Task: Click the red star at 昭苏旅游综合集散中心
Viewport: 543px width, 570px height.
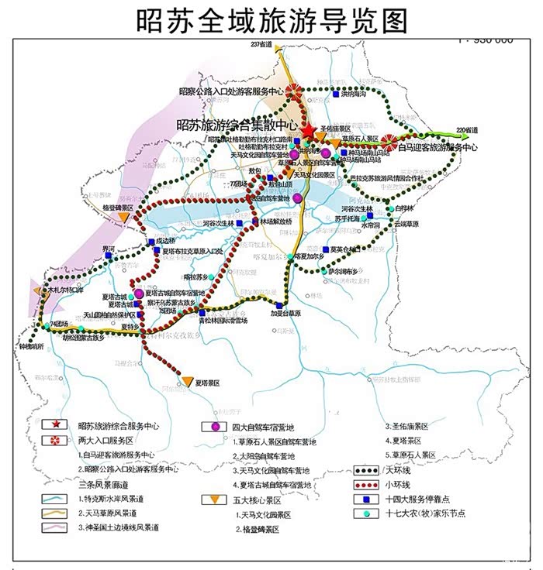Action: click(310, 132)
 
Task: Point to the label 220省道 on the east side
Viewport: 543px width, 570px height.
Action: click(467, 129)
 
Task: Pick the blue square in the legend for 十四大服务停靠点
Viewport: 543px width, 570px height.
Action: click(367, 500)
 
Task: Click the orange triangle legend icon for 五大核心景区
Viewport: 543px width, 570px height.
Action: click(209, 500)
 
